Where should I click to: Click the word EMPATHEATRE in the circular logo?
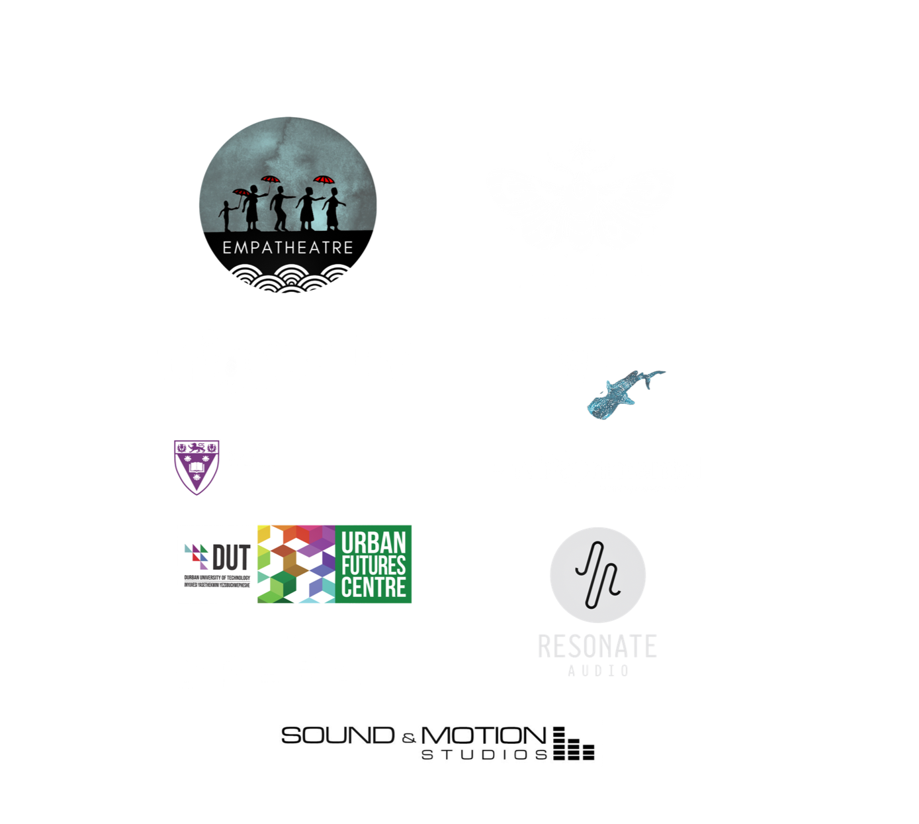287,248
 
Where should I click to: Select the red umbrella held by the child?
242,193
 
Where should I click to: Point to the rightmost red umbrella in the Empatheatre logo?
322,179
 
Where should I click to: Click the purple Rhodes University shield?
196,467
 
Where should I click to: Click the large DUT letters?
232,558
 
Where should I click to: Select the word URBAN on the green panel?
374,543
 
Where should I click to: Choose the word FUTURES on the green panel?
374,566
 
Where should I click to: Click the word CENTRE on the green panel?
374,588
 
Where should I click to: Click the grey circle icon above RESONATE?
597,575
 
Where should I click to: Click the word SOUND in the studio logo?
338,735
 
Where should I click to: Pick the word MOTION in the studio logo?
483,735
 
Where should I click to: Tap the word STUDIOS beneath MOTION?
485,755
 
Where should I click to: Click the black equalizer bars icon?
573,744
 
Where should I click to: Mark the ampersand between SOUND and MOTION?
409,738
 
